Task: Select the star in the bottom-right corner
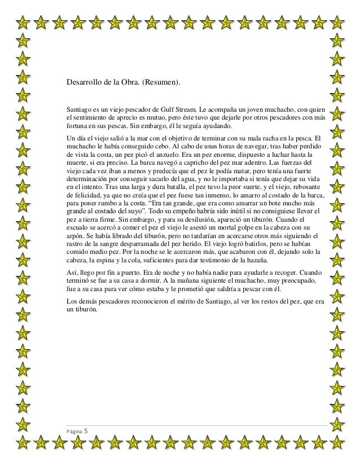pos(337,443)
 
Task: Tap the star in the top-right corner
pos(337,23)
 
